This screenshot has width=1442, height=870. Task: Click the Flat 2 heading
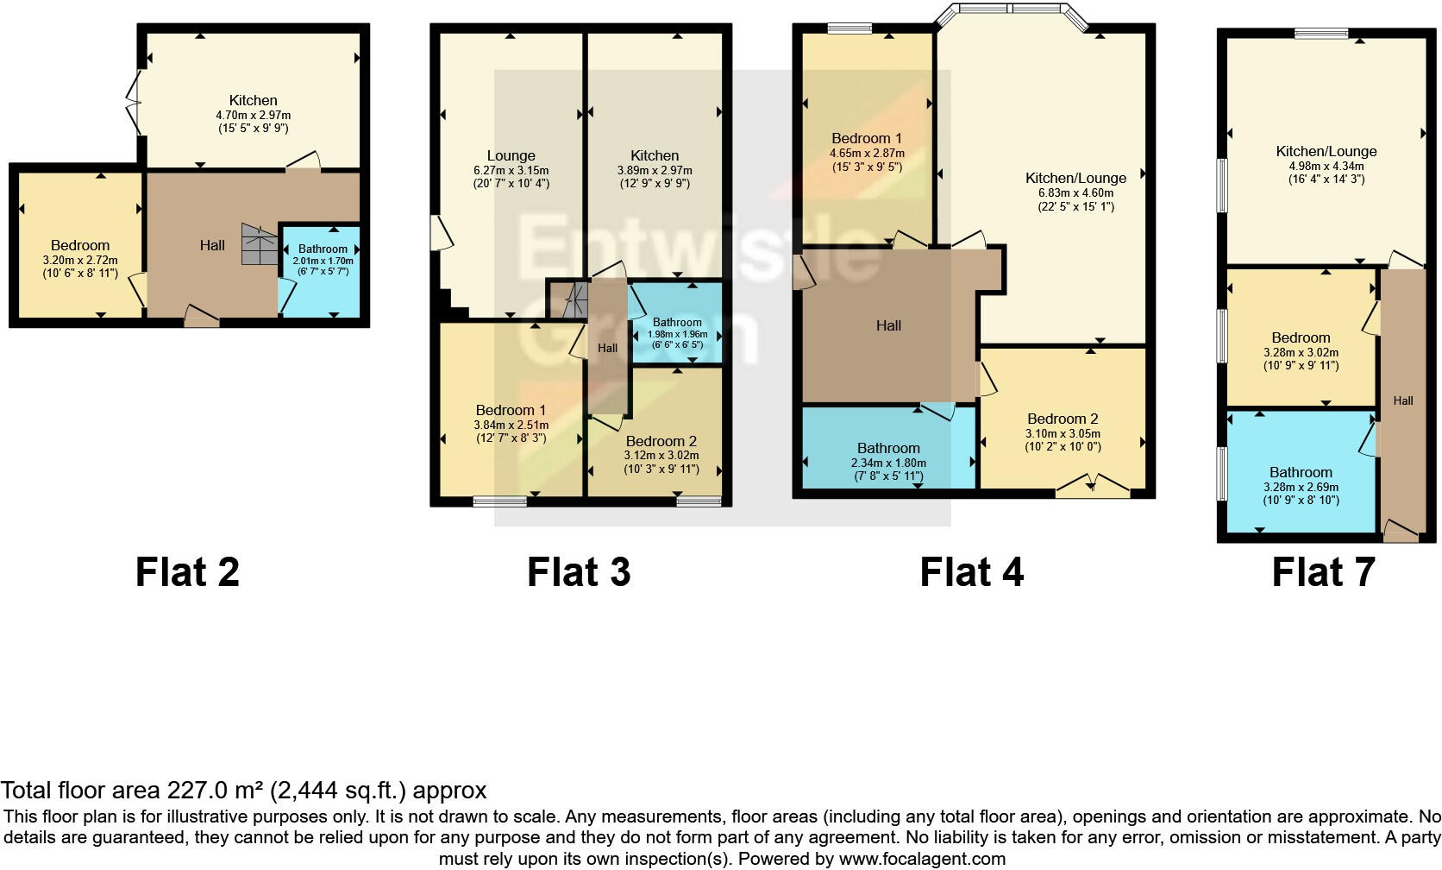pos(187,572)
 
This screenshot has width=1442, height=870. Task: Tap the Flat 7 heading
pos(1323,572)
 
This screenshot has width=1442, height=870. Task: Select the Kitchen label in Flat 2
pos(253,100)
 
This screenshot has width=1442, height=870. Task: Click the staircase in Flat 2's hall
pos(259,244)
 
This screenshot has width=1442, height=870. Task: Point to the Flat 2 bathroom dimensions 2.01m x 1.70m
pos(323,261)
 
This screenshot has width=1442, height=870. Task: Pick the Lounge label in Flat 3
pos(511,156)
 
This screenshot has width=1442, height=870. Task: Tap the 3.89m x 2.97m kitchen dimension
pos(654,171)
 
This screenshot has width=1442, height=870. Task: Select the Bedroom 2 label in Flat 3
pos(661,441)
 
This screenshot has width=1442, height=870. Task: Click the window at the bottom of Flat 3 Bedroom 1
pos(500,501)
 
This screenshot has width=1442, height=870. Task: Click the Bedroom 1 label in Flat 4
pos(867,138)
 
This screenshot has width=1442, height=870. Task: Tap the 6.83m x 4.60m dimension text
pos(1075,193)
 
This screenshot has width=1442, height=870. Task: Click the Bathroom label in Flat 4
pos(888,448)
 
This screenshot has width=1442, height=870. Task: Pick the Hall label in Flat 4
pos(888,325)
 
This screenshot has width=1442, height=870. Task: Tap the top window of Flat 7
pos(1320,34)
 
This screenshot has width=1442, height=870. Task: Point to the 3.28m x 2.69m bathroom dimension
pos(1301,487)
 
